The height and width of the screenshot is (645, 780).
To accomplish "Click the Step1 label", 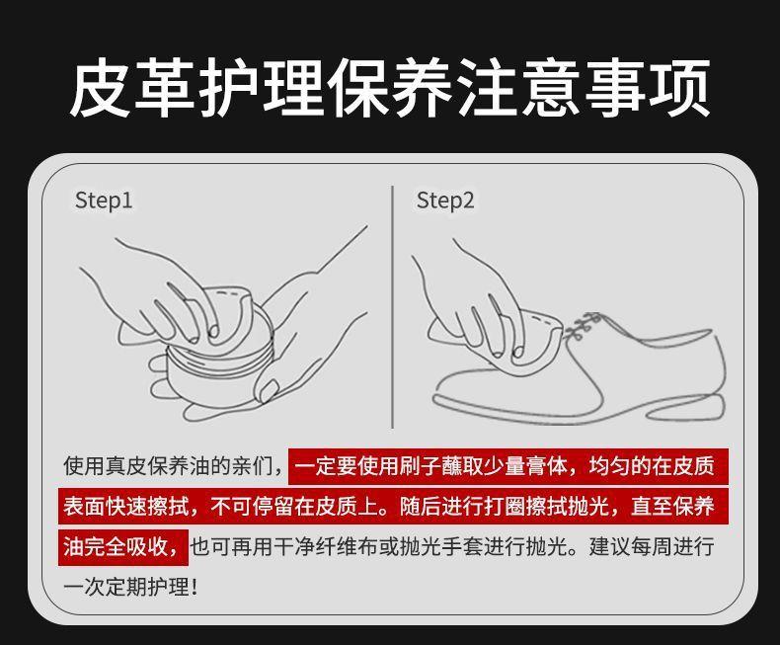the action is [104, 202].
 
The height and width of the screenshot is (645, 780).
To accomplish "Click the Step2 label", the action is [445, 202].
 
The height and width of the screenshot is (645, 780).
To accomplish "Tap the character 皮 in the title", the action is [101, 88].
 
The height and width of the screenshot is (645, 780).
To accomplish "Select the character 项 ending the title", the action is [678, 88].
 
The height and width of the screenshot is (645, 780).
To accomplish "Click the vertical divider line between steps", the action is [393, 307].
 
